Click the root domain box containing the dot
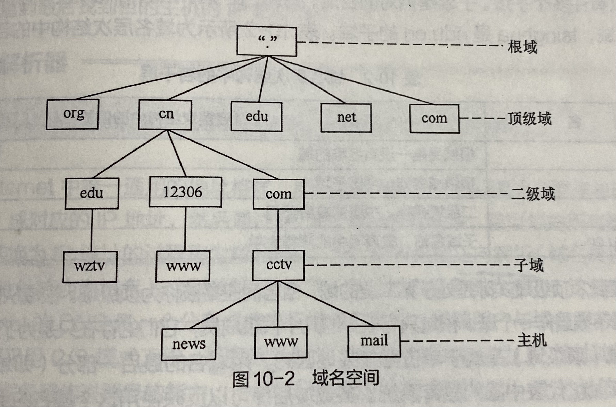tap(267, 41)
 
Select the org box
tap(72, 114)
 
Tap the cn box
tap(165, 115)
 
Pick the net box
tap(346, 118)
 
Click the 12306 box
tap(185, 192)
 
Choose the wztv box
tap(90, 267)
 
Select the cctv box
tap(278, 265)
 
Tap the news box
tap(188, 344)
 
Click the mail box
tap(374, 341)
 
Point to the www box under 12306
tap(183, 266)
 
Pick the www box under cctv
tap(281, 342)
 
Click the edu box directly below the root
tap(257, 117)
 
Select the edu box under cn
tap(92, 193)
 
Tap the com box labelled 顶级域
tap(434, 119)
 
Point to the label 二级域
tap(533, 194)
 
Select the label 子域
tap(528, 265)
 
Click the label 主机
tap(532, 340)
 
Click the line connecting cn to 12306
tap(177, 154)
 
